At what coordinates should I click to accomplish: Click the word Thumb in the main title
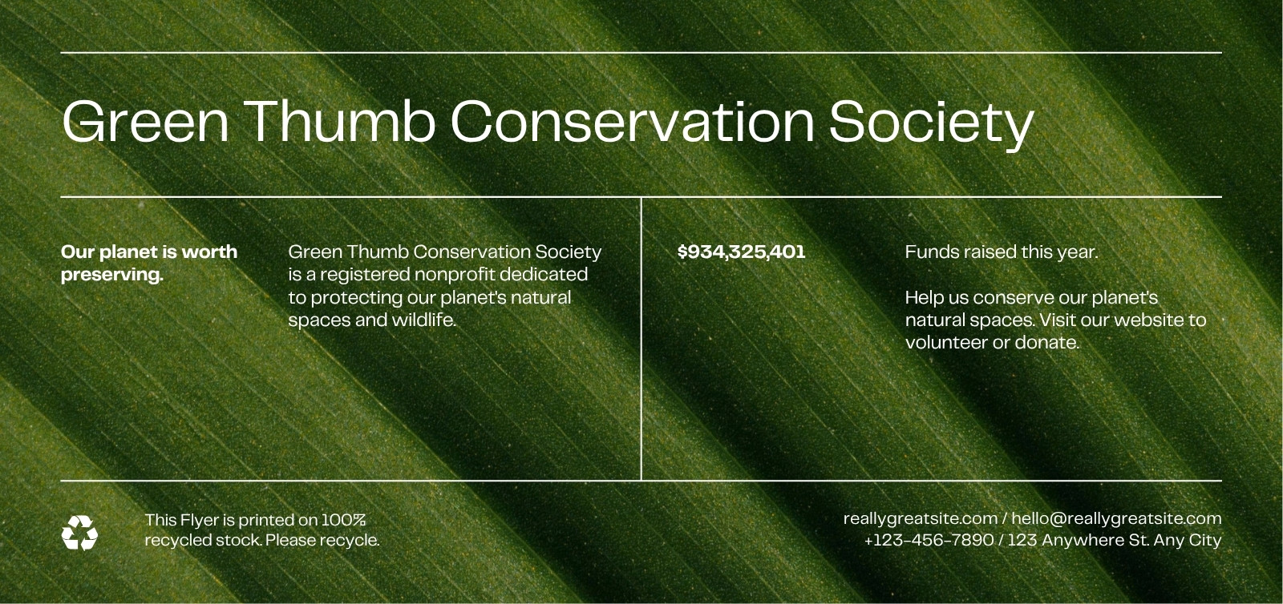(x=342, y=121)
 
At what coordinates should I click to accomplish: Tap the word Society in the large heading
(x=931, y=126)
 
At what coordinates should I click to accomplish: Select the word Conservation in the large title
(x=633, y=121)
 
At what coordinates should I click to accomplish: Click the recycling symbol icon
(x=79, y=533)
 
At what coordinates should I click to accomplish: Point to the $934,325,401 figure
(x=741, y=252)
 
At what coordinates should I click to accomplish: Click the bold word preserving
(x=112, y=275)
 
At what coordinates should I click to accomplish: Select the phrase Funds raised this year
(x=1002, y=252)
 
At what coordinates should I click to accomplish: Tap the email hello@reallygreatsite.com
(x=1116, y=519)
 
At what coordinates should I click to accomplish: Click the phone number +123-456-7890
(x=929, y=540)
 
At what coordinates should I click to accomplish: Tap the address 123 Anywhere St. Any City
(x=1115, y=541)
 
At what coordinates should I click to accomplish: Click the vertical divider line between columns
(x=641, y=339)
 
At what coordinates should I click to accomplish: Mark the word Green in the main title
(x=145, y=121)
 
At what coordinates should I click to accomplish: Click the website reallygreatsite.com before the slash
(x=921, y=519)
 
